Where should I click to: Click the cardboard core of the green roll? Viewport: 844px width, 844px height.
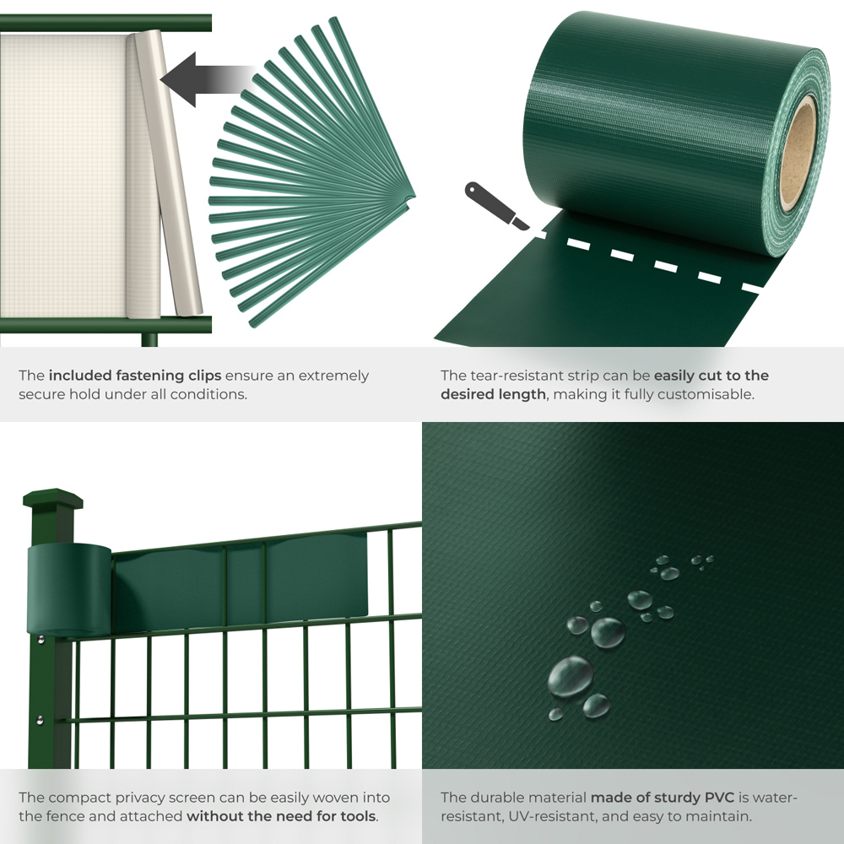pos(797,153)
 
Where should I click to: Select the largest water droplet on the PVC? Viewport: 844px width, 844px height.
pos(571,675)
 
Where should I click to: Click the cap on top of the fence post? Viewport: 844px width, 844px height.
pos(52,497)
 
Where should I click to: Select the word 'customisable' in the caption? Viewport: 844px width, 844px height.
pos(711,394)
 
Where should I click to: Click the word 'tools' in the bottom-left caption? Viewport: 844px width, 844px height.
pos(357,816)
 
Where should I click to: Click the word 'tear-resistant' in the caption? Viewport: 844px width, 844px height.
pos(511,376)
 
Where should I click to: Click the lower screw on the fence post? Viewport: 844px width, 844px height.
pos(39,720)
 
